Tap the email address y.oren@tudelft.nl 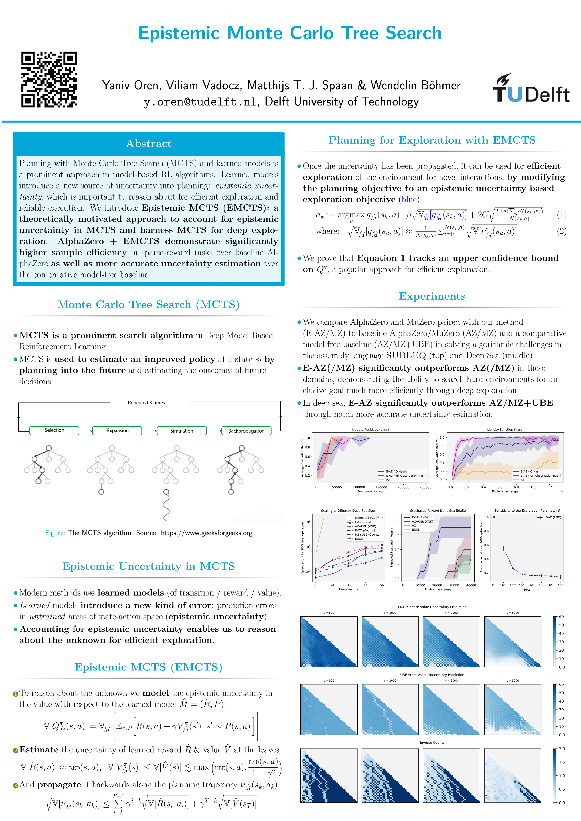coord(200,102)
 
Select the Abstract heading coord(149,143)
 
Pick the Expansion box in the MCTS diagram coord(117,430)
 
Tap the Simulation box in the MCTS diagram coord(181,431)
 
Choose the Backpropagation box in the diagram coord(246,431)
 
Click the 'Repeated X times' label coord(146,403)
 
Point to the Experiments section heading coord(432,296)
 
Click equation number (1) coord(561,215)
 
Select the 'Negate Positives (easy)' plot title coord(370,429)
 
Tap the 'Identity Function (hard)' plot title coord(505,429)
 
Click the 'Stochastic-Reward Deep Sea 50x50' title coord(438,511)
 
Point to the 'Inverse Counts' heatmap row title coord(432,743)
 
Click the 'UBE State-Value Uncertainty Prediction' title coord(432,675)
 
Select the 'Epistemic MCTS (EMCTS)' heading coord(149,667)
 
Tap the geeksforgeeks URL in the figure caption coord(207,533)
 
